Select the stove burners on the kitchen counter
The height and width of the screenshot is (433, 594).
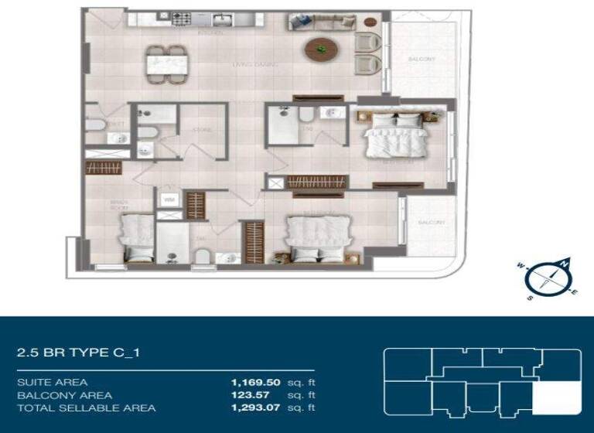183,18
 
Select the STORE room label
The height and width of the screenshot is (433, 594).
202,130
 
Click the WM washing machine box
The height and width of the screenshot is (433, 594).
169,200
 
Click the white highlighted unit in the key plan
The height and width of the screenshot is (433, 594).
557,399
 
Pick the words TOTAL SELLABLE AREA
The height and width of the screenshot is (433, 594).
86,407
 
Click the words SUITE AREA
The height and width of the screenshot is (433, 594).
52,382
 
